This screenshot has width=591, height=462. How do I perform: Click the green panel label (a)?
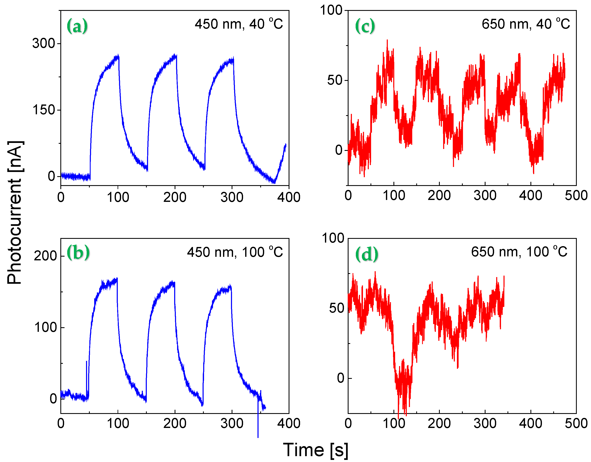click(x=77, y=26)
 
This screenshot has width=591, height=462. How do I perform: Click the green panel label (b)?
click(x=78, y=252)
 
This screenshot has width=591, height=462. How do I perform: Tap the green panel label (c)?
click(x=365, y=26)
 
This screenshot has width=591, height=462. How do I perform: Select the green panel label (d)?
click(x=366, y=254)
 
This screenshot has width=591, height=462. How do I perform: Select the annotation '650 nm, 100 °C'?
click(x=519, y=252)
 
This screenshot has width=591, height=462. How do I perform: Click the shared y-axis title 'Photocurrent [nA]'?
click(x=15, y=213)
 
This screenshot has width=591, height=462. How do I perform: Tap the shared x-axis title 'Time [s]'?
click(x=316, y=450)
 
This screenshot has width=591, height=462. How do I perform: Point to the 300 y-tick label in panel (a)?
click(x=43, y=43)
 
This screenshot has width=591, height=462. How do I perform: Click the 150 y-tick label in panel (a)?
click(x=43, y=110)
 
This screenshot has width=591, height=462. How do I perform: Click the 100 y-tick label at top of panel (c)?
click(x=331, y=10)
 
